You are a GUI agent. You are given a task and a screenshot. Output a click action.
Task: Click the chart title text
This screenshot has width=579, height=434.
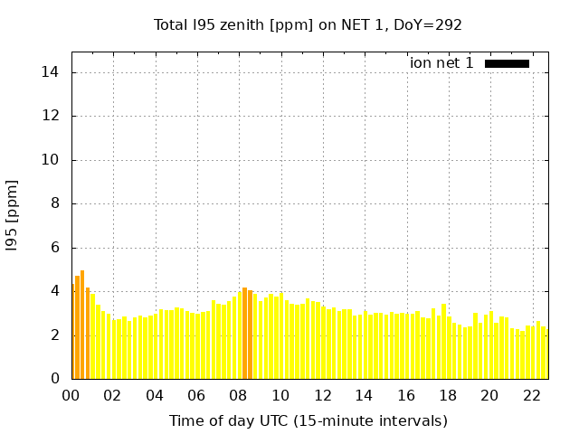pyautogui.click(x=308, y=24)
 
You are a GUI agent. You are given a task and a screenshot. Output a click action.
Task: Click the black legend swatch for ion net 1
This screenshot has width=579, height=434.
pyautogui.click(x=507, y=63)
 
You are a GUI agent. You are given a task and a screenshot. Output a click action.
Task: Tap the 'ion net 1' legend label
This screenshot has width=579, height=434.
pyautogui.click(x=441, y=63)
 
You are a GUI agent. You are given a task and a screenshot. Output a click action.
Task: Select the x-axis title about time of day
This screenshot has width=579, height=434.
pyautogui.click(x=308, y=420)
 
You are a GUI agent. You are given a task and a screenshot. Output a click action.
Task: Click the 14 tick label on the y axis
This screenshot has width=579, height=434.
pyautogui.click(x=53, y=72)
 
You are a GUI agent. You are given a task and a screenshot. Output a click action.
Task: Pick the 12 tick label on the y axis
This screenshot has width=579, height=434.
pyautogui.click(x=53, y=116)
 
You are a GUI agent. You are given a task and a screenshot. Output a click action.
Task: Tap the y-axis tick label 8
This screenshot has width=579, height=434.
pyautogui.click(x=57, y=203)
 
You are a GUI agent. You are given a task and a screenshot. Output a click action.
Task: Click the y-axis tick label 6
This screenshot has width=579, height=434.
pyautogui.click(x=57, y=248)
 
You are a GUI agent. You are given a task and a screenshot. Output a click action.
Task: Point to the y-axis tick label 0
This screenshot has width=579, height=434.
pyautogui.click(x=57, y=379)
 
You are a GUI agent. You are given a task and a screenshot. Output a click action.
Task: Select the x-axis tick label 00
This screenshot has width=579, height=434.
pyautogui.click(x=71, y=395)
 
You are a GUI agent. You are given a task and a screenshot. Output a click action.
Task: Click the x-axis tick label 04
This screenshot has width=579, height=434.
pyautogui.click(x=155, y=395)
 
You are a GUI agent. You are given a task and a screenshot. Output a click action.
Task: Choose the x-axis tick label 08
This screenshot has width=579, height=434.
pyautogui.click(x=238, y=395)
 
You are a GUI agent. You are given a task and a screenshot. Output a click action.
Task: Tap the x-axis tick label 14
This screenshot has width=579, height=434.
pyautogui.click(x=364, y=395)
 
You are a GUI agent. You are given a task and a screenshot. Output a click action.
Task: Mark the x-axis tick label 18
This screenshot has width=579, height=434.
pyautogui.click(x=447, y=395)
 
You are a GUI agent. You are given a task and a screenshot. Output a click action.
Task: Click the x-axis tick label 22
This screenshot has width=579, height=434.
pyautogui.click(x=530, y=395)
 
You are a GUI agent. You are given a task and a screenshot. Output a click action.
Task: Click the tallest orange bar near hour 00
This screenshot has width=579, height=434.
pyautogui.click(x=82, y=325)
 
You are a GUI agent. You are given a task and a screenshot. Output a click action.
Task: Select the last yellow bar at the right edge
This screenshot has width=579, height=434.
pyautogui.click(x=545, y=354)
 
